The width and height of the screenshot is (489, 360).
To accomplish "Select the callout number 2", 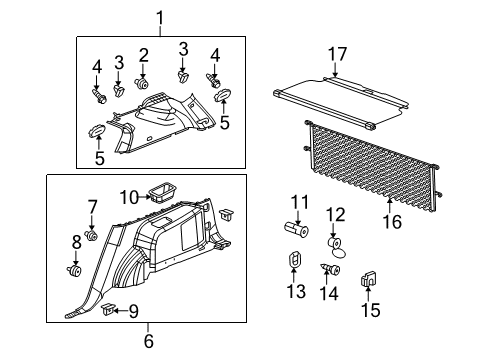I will click(143, 54).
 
